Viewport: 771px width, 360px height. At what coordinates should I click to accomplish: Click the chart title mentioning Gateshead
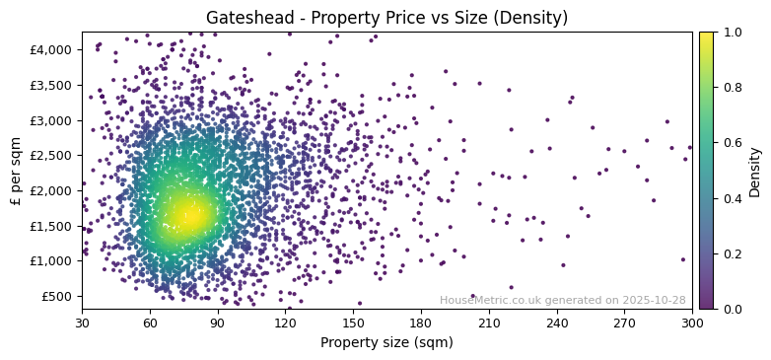(386, 18)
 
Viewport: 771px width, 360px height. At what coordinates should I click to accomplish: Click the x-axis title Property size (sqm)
(386, 343)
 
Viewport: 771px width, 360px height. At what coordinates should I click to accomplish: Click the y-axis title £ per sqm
(16, 171)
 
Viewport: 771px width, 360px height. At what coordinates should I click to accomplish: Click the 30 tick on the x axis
(82, 323)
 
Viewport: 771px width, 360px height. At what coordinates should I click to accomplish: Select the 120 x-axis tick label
(285, 323)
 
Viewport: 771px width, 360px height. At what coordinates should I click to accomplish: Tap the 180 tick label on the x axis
(421, 323)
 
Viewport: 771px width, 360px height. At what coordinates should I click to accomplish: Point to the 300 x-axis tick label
(692, 323)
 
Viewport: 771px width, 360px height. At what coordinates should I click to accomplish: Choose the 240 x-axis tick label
(557, 323)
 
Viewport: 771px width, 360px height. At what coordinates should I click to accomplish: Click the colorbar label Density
(755, 171)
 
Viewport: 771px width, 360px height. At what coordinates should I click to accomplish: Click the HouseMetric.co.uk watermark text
(562, 301)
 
